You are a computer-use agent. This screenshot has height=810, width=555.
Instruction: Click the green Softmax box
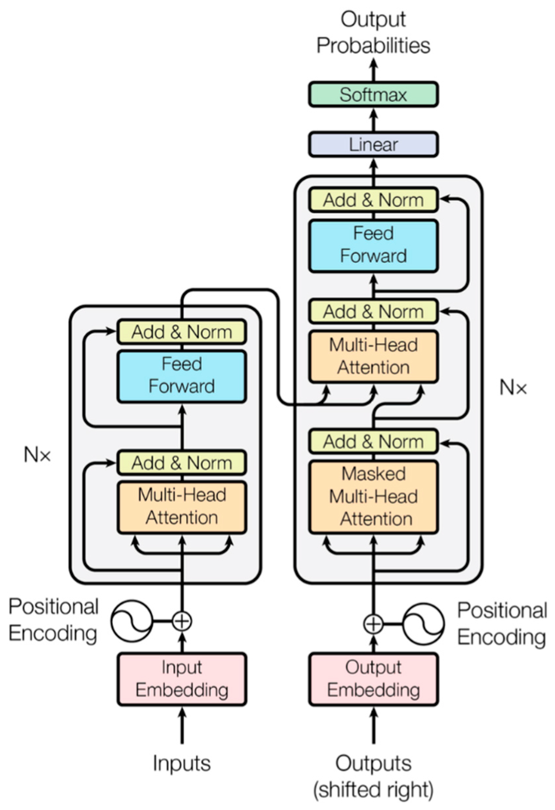coord(373,94)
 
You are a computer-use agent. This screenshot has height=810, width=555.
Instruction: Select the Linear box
coord(373,145)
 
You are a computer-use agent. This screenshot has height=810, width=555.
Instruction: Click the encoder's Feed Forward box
coord(182,376)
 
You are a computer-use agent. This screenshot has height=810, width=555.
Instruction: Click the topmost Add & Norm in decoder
coord(373,200)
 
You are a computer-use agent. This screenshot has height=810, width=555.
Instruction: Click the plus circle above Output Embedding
coord(373,623)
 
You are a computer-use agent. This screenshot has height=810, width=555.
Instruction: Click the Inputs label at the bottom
coord(182,763)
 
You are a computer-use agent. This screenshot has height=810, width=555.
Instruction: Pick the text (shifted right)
coord(373,790)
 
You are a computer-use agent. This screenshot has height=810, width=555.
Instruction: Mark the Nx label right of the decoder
coord(513,387)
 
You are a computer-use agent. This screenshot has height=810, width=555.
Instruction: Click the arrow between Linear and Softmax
coord(373,119)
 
